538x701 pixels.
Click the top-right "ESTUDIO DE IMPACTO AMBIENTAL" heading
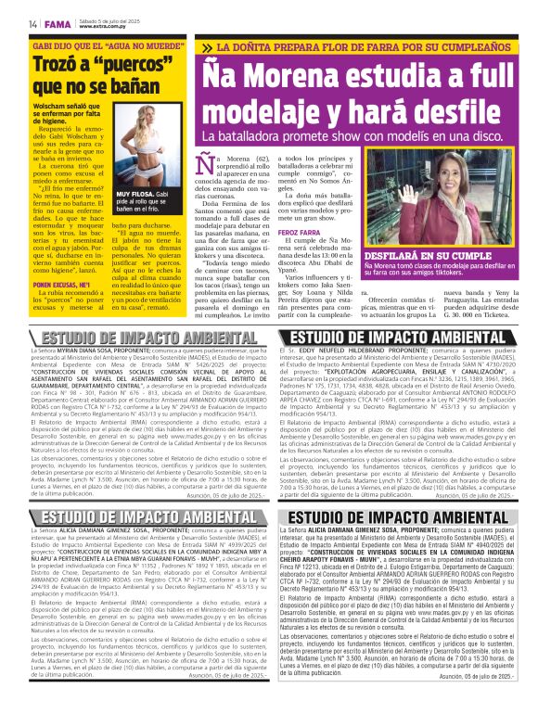(x=400, y=337)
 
